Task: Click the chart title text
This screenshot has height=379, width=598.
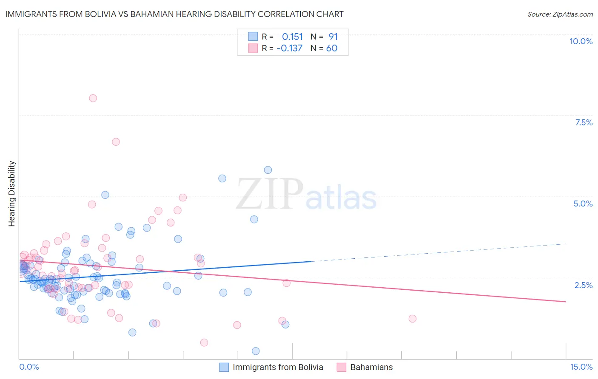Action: click(x=174, y=14)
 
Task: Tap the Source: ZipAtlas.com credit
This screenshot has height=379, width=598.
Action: click(x=560, y=14)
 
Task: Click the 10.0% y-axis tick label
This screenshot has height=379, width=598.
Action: click(x=581, y=41)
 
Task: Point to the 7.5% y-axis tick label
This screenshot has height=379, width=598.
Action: click(x=584, y=122)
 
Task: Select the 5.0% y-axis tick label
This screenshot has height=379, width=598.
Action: click(x=583, y=204)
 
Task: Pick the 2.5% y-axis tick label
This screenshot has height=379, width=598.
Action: click(x=583, y=285)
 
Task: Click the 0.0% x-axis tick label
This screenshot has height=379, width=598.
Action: click(x=29, y=367)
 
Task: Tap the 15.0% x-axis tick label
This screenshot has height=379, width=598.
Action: click(x=581, y=367)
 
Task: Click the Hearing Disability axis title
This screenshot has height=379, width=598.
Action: click(x=12, y=193)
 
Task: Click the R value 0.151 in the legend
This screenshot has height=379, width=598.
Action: click(x=292, y=37)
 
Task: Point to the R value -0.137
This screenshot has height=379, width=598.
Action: click(x=289, y=48)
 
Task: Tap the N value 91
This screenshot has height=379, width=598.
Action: click(x=333, y=37)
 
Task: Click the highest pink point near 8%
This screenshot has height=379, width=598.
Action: click(x=93, y=98)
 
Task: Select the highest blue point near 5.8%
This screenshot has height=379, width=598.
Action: click(x=268, y=170)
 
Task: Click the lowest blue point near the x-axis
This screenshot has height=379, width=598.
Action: click(x=256, y=351)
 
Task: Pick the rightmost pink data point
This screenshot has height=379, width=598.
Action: click(x=412, y=319)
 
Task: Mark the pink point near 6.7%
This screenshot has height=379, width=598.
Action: click(x=116, y=142)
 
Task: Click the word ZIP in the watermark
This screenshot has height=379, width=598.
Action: click(x=270, y=194)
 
